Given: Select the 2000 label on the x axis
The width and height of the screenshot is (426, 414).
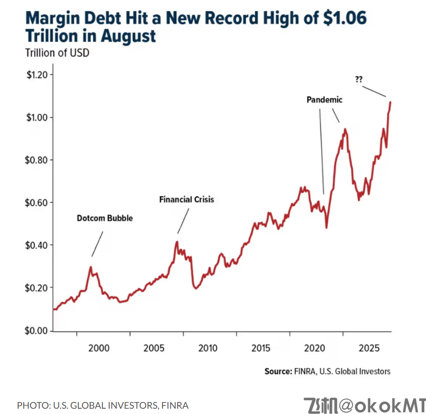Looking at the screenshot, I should click(99, 348).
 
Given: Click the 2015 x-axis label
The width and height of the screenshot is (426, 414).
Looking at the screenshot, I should click(261, 348).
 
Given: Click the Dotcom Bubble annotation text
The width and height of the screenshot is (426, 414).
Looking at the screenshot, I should click(105, 218).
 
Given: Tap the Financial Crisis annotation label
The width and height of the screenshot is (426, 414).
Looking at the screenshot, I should click(186, 200).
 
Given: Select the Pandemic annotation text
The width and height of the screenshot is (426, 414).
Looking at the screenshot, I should click(324, 100).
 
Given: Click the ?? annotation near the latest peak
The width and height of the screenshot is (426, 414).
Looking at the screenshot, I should click(358, 80).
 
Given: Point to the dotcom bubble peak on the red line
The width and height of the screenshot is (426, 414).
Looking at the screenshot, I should click(91, 267).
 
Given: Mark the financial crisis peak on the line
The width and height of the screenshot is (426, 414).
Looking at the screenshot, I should click(177, 242).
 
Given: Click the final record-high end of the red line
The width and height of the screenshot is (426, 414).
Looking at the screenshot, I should click(390, 103).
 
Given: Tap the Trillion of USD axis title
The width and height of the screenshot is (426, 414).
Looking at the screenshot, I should click(57, 53).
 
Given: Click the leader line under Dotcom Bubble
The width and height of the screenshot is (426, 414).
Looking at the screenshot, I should click(98, 243).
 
